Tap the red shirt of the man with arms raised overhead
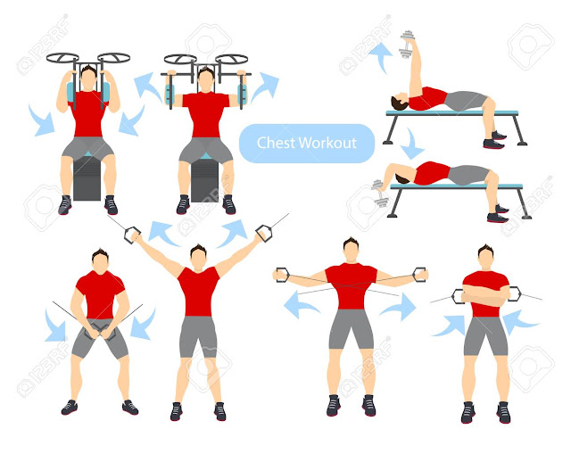pyautogui.click(x=198, y=290)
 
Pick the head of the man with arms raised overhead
pyautogui.click(x=198, y=256)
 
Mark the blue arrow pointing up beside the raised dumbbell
pyautogui.click(x=381, y=57)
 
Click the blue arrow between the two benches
pyautogui.click(x=411, y=143)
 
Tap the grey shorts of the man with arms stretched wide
pyautogui.click(x=350, y=328)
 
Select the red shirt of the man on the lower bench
pyautogui.click(x=434, y=172)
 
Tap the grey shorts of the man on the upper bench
pyautogui.click(x=465, y=100)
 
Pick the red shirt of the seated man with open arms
pyautogui.click(x=206, y=113)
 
